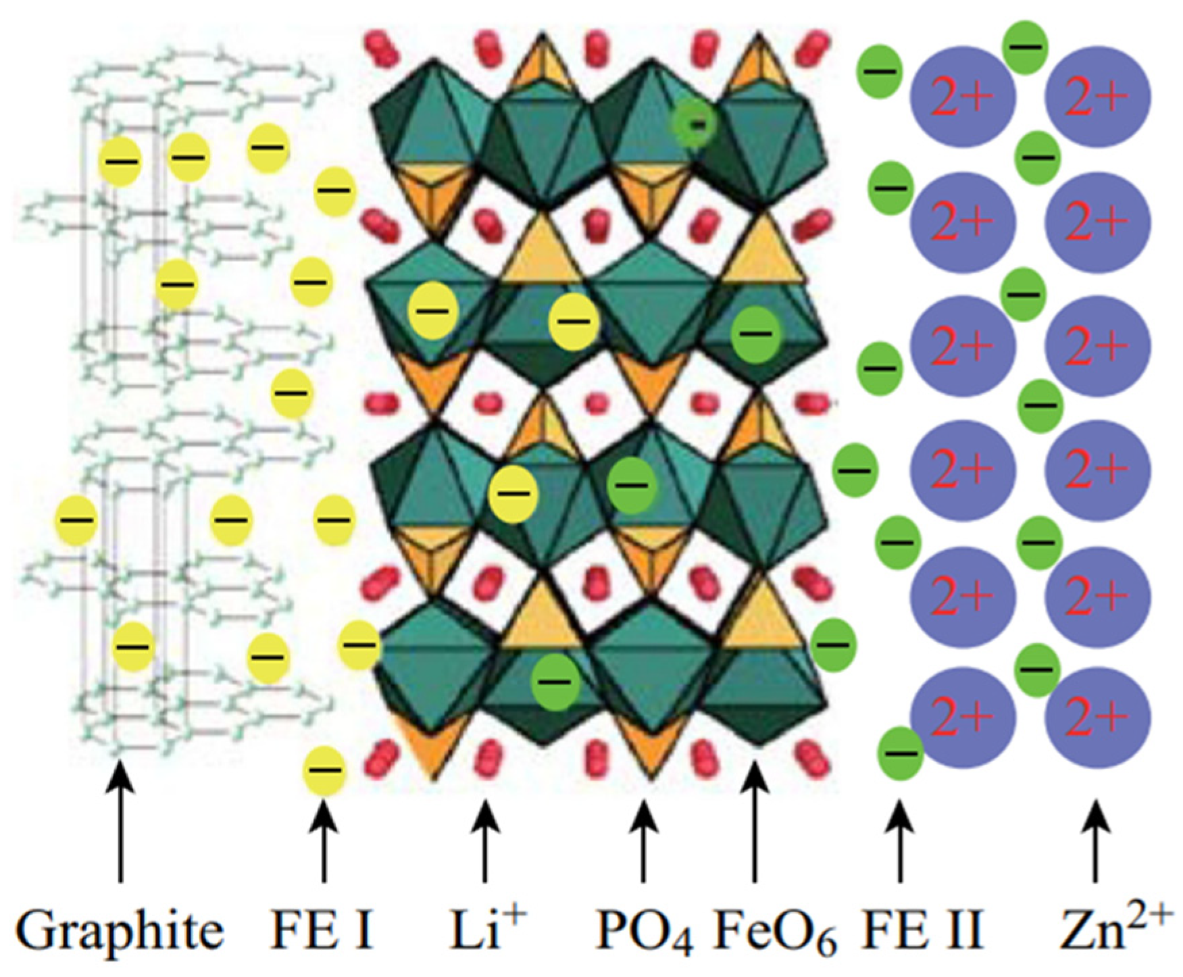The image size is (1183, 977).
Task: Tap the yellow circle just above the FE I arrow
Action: [325, 770]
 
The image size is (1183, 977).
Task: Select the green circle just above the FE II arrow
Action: [901, 753]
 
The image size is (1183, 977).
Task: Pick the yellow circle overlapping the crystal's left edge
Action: [359, 645]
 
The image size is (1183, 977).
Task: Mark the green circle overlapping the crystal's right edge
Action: [833, 645]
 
